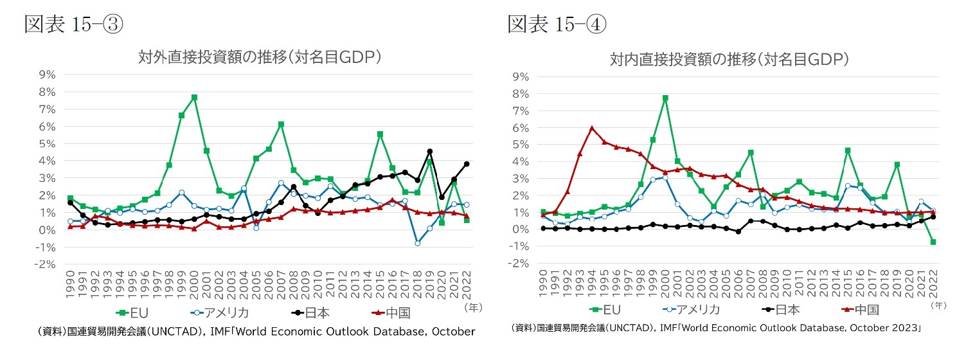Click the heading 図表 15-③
tap(73, 25)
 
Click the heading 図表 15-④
tap(557, 25)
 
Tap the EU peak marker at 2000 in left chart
tap(194, 98)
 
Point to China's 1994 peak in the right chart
tap(591, 128)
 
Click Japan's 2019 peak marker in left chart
tap(429, 152)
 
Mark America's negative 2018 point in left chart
tap(417, 243)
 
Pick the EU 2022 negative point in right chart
tap(933, 242)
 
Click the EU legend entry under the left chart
tap(133, 313)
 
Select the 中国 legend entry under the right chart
tap(858, 310)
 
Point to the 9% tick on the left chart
tap(48, 75)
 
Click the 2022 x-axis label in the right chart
tap(933, 282)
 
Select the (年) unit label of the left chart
tap(472, 308)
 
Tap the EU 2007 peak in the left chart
tap(281, 124)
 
